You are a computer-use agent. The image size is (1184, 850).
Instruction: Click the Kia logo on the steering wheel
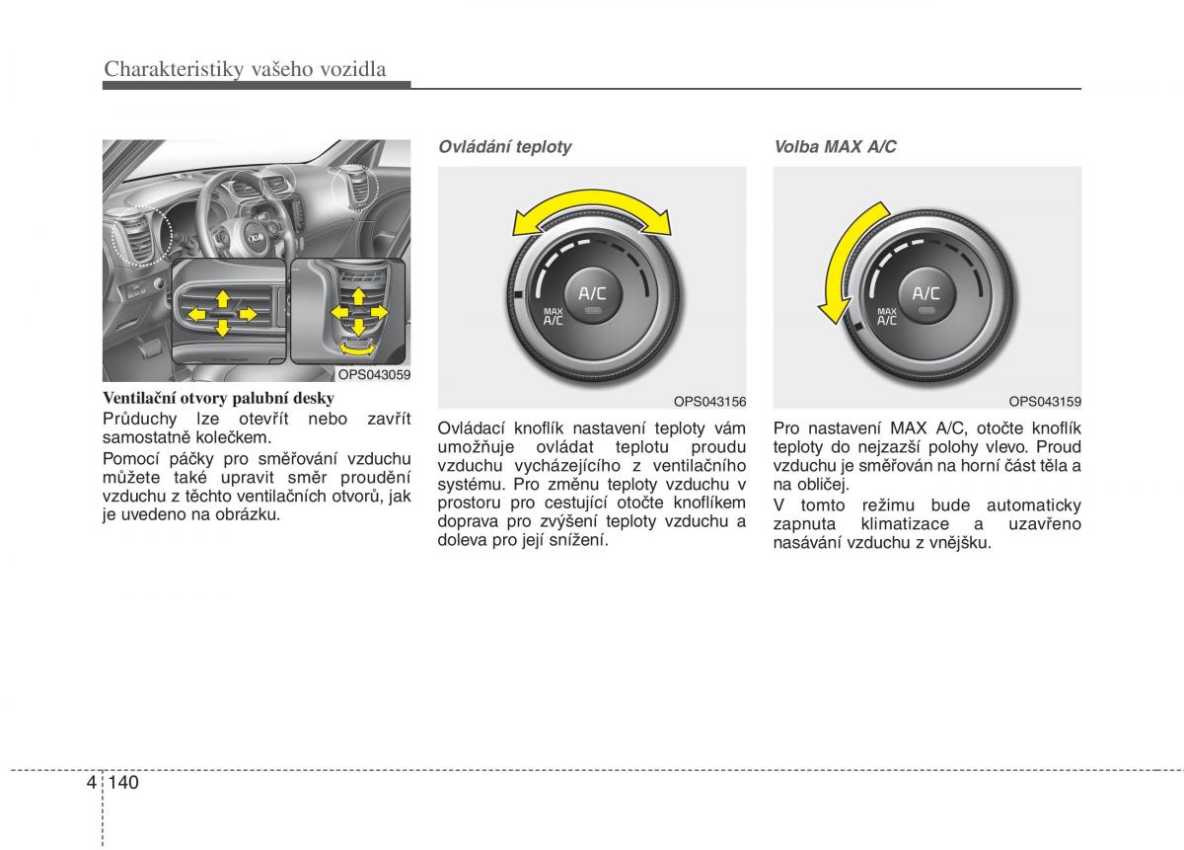[256, 238]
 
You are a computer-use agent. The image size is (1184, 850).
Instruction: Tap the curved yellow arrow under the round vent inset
[357, 347]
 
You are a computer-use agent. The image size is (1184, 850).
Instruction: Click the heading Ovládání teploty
[504, 147]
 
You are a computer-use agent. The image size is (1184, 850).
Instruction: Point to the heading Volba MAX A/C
[835, 147]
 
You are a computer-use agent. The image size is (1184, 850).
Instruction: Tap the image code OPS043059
[374, 375]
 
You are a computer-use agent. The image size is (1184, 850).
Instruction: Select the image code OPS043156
[709, 401]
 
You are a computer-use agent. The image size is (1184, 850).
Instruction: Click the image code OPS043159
[1045, 401]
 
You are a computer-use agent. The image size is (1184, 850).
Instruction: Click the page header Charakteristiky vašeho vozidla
[244, 69]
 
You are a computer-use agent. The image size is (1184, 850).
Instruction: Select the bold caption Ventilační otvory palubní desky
[219, 399]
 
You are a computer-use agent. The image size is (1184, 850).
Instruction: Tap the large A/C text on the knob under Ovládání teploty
[592, 293]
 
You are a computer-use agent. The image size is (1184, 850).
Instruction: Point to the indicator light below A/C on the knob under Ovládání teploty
[592, 311]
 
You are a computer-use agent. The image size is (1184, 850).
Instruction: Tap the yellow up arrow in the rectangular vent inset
[223, 297]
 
